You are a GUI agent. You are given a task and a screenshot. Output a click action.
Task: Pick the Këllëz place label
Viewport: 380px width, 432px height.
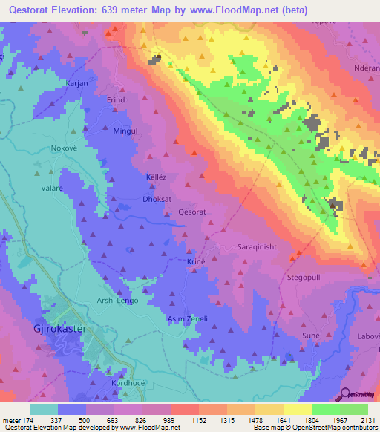point(156,178)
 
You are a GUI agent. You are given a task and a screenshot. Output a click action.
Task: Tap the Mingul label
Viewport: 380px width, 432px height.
point(125,130)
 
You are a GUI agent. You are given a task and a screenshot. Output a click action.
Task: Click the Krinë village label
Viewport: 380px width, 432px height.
point(195,263)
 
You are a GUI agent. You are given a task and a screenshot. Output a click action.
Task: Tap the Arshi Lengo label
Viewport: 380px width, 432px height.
point(117,300)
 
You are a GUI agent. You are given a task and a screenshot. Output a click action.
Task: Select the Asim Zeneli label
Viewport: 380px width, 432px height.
point(186,318)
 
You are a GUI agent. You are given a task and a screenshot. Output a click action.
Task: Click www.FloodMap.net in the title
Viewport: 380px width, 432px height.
point(232,10)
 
